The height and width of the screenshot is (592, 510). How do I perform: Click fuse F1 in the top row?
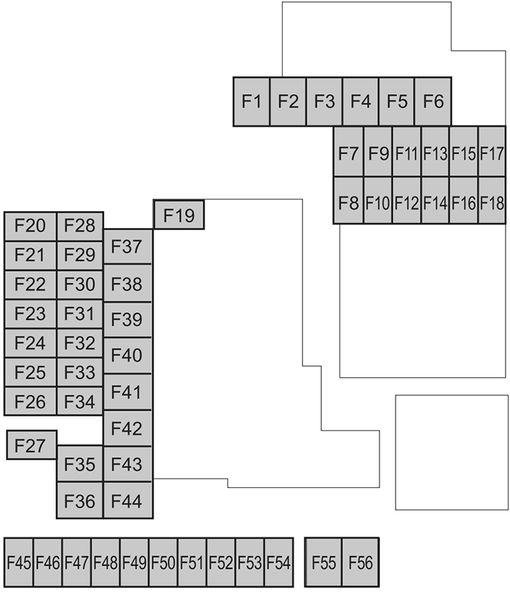pyautogui.click(x=251, y=101)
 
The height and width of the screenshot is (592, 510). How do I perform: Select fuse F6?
pyautogui.click(x=433, y=101)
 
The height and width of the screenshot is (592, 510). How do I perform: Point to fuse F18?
pyautogui.click(x=493, y=200)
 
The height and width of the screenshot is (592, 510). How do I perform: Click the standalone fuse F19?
pyautogui.click(x=178, y=215)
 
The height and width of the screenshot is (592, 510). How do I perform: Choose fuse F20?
pyautogui.click(x=31, y=226)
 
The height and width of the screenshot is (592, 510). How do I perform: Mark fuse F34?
pyautogui.click(x=79, y=401)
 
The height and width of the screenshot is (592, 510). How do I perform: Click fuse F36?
pyautogui.click(x=79, y=500)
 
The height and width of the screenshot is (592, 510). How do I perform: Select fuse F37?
pyautogui.click(x=127, y=247)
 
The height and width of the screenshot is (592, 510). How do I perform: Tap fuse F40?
pyautogui.click(x=127, y=355)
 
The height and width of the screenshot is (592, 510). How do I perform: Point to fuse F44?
pyautogui.click(x=127, y=500)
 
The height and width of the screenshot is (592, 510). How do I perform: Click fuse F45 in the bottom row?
pyautogui.click(x=19, y=562)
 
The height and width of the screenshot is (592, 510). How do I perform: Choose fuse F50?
pyautogui.click(x=163, y=562)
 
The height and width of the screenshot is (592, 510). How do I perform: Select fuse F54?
pyautogui.click(x=278, y=562)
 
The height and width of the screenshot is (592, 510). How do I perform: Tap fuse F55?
pyautogui.click(x=323, y=562)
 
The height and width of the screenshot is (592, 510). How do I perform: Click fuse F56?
pyautogui.click(x=360, y=562)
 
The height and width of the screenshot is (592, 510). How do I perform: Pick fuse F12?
pyautogui.click(x=406, y=200)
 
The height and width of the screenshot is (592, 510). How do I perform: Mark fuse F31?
pyautogui.click(x=79, y=313)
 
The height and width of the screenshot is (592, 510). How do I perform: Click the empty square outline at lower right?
pyautogui.click(x=451, y=452)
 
